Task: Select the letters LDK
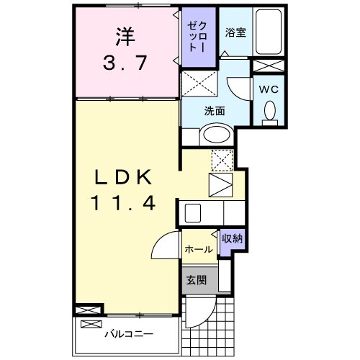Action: [x=122, y=176]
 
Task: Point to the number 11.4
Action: [x=122, y=203]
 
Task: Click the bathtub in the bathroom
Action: [x=270, y=32]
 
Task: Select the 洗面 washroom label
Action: [x=214, y=112]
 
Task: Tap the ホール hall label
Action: [x=198, y=249]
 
